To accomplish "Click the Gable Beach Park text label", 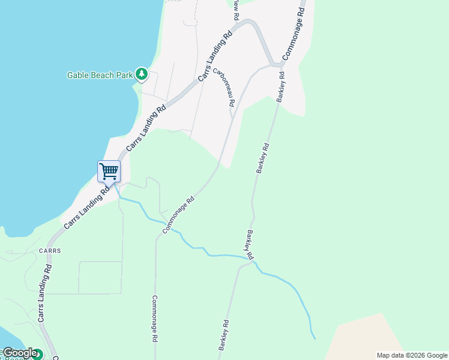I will pyautogui.click(x=99, y=75).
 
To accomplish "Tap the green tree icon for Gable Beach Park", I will pyautogui.click(x=142, y=74).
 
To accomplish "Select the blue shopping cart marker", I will pyautogui.click(x=109, y=172).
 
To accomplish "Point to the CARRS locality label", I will pyautogui.click(x=50, y=250).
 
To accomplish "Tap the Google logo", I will pyautogui.click(x=19, y=353).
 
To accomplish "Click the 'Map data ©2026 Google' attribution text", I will pyautogui.click(x=412, y=355).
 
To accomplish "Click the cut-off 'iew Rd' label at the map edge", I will pyautogui.click(x=237, y=7).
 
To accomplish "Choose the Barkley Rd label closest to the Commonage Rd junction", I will pyautogui.click(x=280, y=88).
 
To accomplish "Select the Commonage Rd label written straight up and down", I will pyautogui.click(x=154, y=318).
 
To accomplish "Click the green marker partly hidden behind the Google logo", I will pyautogui.click(x=37, y=354).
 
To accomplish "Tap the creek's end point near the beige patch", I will pyautogui.click(x=314, y=338).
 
